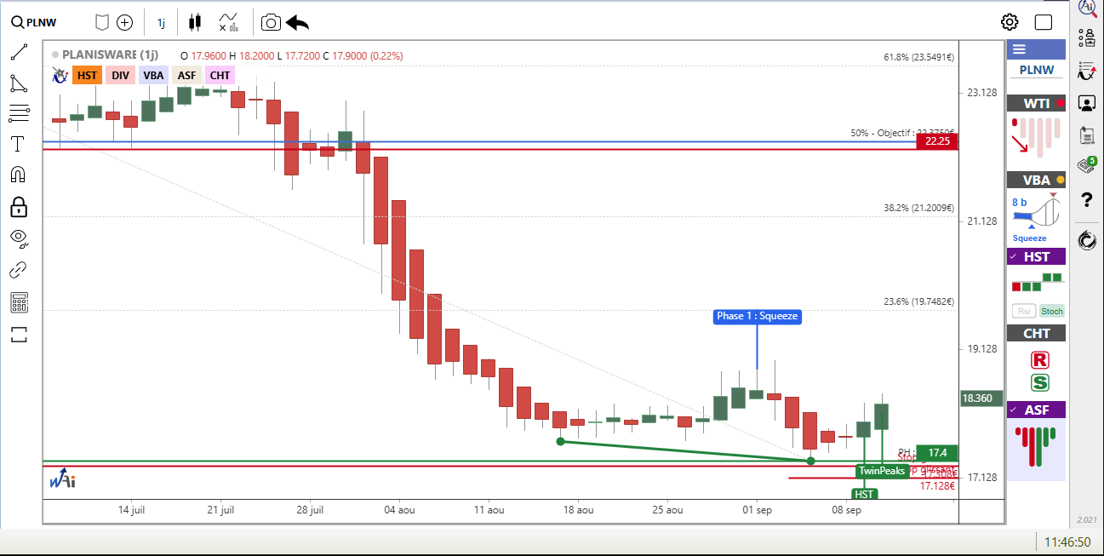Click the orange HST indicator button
pos(87,75)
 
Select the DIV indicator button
pos(120,75)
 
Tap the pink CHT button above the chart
pos(220,75)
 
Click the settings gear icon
pos(1010,22)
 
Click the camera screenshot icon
pos(271,22)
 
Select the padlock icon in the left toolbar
pos(19,206)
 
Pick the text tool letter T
pos(18,144)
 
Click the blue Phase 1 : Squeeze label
pos(757,316)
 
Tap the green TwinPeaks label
pos(882,471)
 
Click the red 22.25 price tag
pos(937,140)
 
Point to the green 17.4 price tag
pos(938,452)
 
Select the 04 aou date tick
pos(399,510)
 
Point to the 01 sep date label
pos(757,510)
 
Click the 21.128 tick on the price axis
pos(981,221)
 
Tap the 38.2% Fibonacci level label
pos(918,208)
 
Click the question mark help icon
pos(1086,200)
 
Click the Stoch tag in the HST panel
pos(1052,311)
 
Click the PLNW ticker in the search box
pos(41,22)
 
